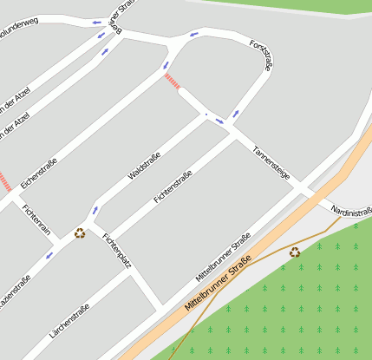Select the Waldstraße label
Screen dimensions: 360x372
point(144,165)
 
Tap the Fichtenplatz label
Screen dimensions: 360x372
point(116,250)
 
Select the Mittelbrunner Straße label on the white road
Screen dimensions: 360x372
point(223,256)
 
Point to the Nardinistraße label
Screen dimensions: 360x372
point(352,212)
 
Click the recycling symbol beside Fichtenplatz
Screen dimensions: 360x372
point(80,232)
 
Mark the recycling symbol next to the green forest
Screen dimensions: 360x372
point(295,252)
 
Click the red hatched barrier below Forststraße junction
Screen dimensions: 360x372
point(173,81)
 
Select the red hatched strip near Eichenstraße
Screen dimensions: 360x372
point(5,182)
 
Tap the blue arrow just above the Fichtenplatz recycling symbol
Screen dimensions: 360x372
point(95,211)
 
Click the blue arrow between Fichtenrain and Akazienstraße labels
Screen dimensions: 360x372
point(49,255)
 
